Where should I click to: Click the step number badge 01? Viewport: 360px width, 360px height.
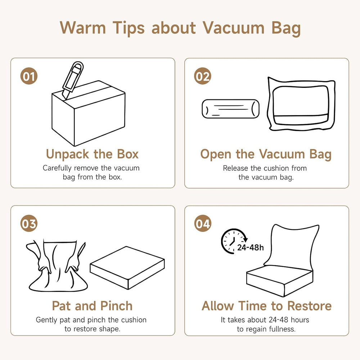(29, 76)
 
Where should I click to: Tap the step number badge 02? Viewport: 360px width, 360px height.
(202, 76)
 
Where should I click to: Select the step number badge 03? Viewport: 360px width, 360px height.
(29, 224)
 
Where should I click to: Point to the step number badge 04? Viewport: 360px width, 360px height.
(202, 224)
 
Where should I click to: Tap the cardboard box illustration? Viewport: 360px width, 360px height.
(89, 114)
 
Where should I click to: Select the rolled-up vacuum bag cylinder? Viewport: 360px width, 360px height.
(230, 109)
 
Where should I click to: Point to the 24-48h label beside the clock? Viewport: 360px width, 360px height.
(250, 248)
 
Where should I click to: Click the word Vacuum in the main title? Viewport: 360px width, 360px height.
(234, 28)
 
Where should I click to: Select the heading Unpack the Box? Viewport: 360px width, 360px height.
(92, 154)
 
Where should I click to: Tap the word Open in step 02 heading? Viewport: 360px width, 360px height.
(216, 154)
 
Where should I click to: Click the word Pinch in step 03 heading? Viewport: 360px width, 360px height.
(116, 306)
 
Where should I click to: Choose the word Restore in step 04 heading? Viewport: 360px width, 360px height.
(310, 306)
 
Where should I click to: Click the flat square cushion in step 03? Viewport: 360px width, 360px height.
(127, 268)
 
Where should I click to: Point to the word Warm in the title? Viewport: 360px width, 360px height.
(83, 28)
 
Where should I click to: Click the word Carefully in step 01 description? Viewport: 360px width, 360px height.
(57, 168)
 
